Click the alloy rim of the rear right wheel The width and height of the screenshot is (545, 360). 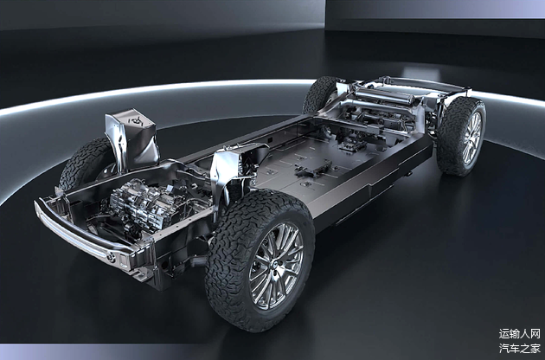(472, 138)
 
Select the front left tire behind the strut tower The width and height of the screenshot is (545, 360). (81, 164)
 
